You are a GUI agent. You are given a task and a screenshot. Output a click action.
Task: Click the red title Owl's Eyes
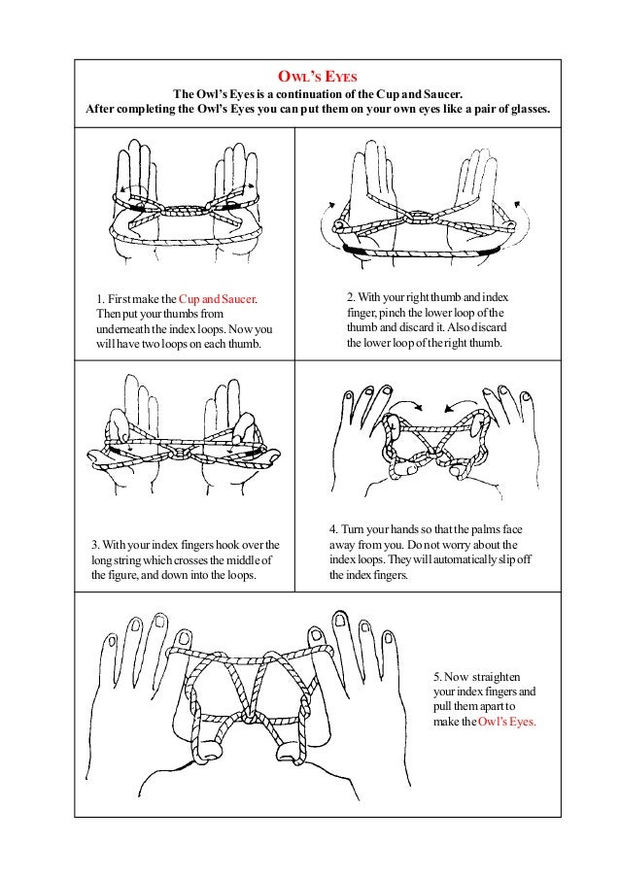(x=317, y=76)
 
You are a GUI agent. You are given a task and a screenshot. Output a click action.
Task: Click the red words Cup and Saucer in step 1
(x=218, y=299)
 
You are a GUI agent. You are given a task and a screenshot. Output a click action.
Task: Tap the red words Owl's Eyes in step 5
(x=506, y=722)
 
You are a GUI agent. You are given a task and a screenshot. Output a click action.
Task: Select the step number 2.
(x=350, y=297)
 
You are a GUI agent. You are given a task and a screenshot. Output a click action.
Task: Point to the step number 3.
(x=95, y=545)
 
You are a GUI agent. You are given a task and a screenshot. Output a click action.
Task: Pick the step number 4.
(x=333, y=529)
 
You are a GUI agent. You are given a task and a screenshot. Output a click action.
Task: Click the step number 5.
(x=437, y=677)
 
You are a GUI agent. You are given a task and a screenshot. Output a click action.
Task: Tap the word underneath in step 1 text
(x=120, y=329)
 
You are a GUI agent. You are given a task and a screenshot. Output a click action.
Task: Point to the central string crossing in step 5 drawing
(x=253, y=718)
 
